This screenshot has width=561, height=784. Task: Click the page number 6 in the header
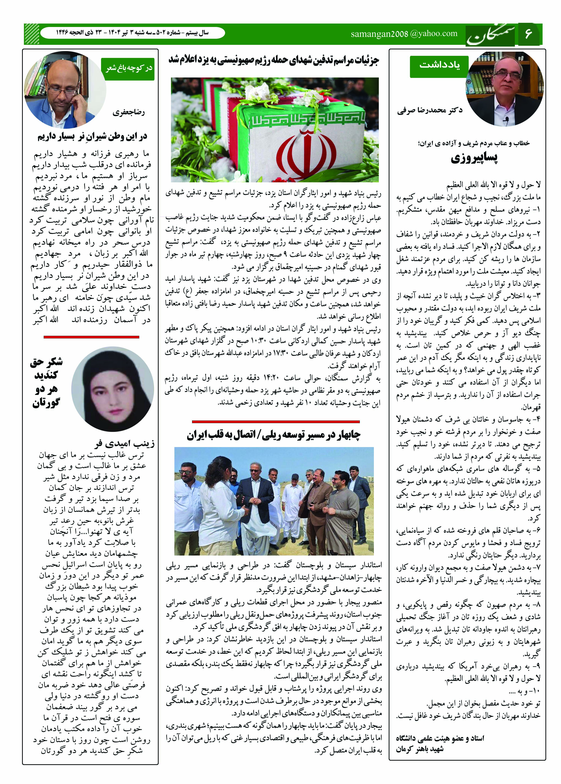[x=529, y=34]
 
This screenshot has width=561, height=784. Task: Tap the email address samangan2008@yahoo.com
[x=404, y=34]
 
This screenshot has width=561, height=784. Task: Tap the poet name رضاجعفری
[x=128, y=113]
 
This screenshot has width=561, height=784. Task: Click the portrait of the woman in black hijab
[x=113, y=389]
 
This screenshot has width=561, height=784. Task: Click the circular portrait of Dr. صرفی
[x=505, y=90]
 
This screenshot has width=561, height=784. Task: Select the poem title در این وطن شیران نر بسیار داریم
[x=92, y=137]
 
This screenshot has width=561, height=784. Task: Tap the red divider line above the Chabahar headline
[x=276, y=422]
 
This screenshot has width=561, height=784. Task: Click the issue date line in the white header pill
[x=132, y=33]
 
